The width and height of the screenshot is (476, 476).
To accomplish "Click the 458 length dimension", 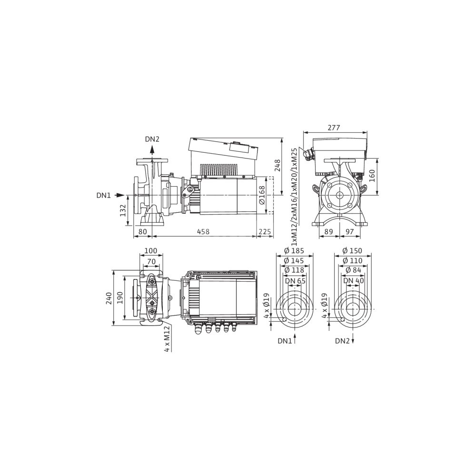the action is [203, 232].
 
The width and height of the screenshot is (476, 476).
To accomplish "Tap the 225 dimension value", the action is [265, 232].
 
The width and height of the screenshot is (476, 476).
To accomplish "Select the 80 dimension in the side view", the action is [142, 232].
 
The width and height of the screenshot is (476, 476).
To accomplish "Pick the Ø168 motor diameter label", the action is [262, 196].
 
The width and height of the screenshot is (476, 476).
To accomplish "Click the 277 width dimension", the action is [334, 128].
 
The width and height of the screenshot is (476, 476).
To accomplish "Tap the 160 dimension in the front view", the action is [372, 176].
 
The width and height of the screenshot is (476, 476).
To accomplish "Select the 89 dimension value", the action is [329, 232].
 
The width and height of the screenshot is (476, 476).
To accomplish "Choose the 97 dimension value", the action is [350, 232].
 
